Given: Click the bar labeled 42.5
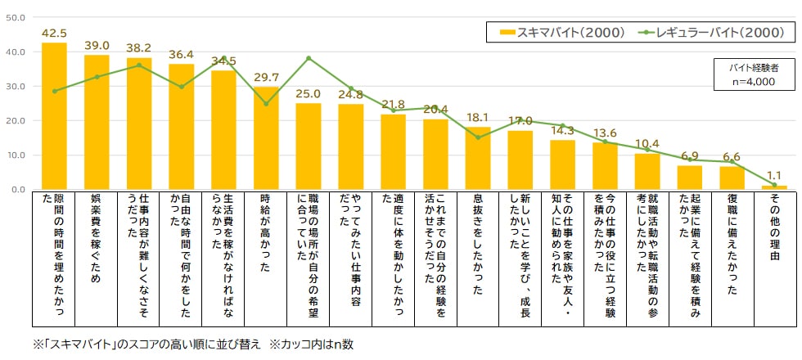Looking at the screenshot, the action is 54,116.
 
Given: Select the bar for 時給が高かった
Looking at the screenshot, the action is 267,138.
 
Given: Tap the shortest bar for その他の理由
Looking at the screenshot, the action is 774,187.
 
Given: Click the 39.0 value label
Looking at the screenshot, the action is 97,46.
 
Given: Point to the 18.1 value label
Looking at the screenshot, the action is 478,118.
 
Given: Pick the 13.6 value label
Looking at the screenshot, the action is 605,133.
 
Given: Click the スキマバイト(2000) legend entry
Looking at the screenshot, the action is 563,32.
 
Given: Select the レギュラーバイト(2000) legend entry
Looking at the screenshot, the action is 711,32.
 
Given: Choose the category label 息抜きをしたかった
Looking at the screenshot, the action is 478,245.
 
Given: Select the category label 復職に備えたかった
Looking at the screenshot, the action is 732,245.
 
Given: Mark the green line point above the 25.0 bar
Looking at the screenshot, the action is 309,58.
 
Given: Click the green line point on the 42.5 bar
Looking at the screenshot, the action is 54,91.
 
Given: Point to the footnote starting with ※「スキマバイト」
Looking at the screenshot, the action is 193,344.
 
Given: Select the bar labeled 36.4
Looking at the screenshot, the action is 182,127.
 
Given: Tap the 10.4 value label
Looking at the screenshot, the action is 647,144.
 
